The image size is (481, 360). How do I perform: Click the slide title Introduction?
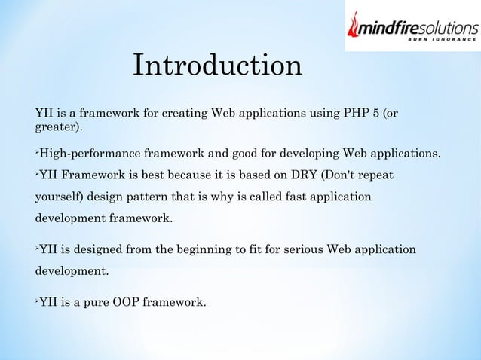[x=218, y=65]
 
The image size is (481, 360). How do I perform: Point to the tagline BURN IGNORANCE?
[x=442, y=39]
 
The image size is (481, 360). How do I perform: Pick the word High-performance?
[x=90, y=153]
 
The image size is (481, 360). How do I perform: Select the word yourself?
[x=57, y=197]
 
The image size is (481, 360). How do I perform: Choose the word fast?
[x=296, y=197]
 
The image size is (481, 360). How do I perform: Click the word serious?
[x=303, y=249]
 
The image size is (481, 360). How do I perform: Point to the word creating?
[x=185, y=114]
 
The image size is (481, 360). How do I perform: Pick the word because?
[x=191, y=175]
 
